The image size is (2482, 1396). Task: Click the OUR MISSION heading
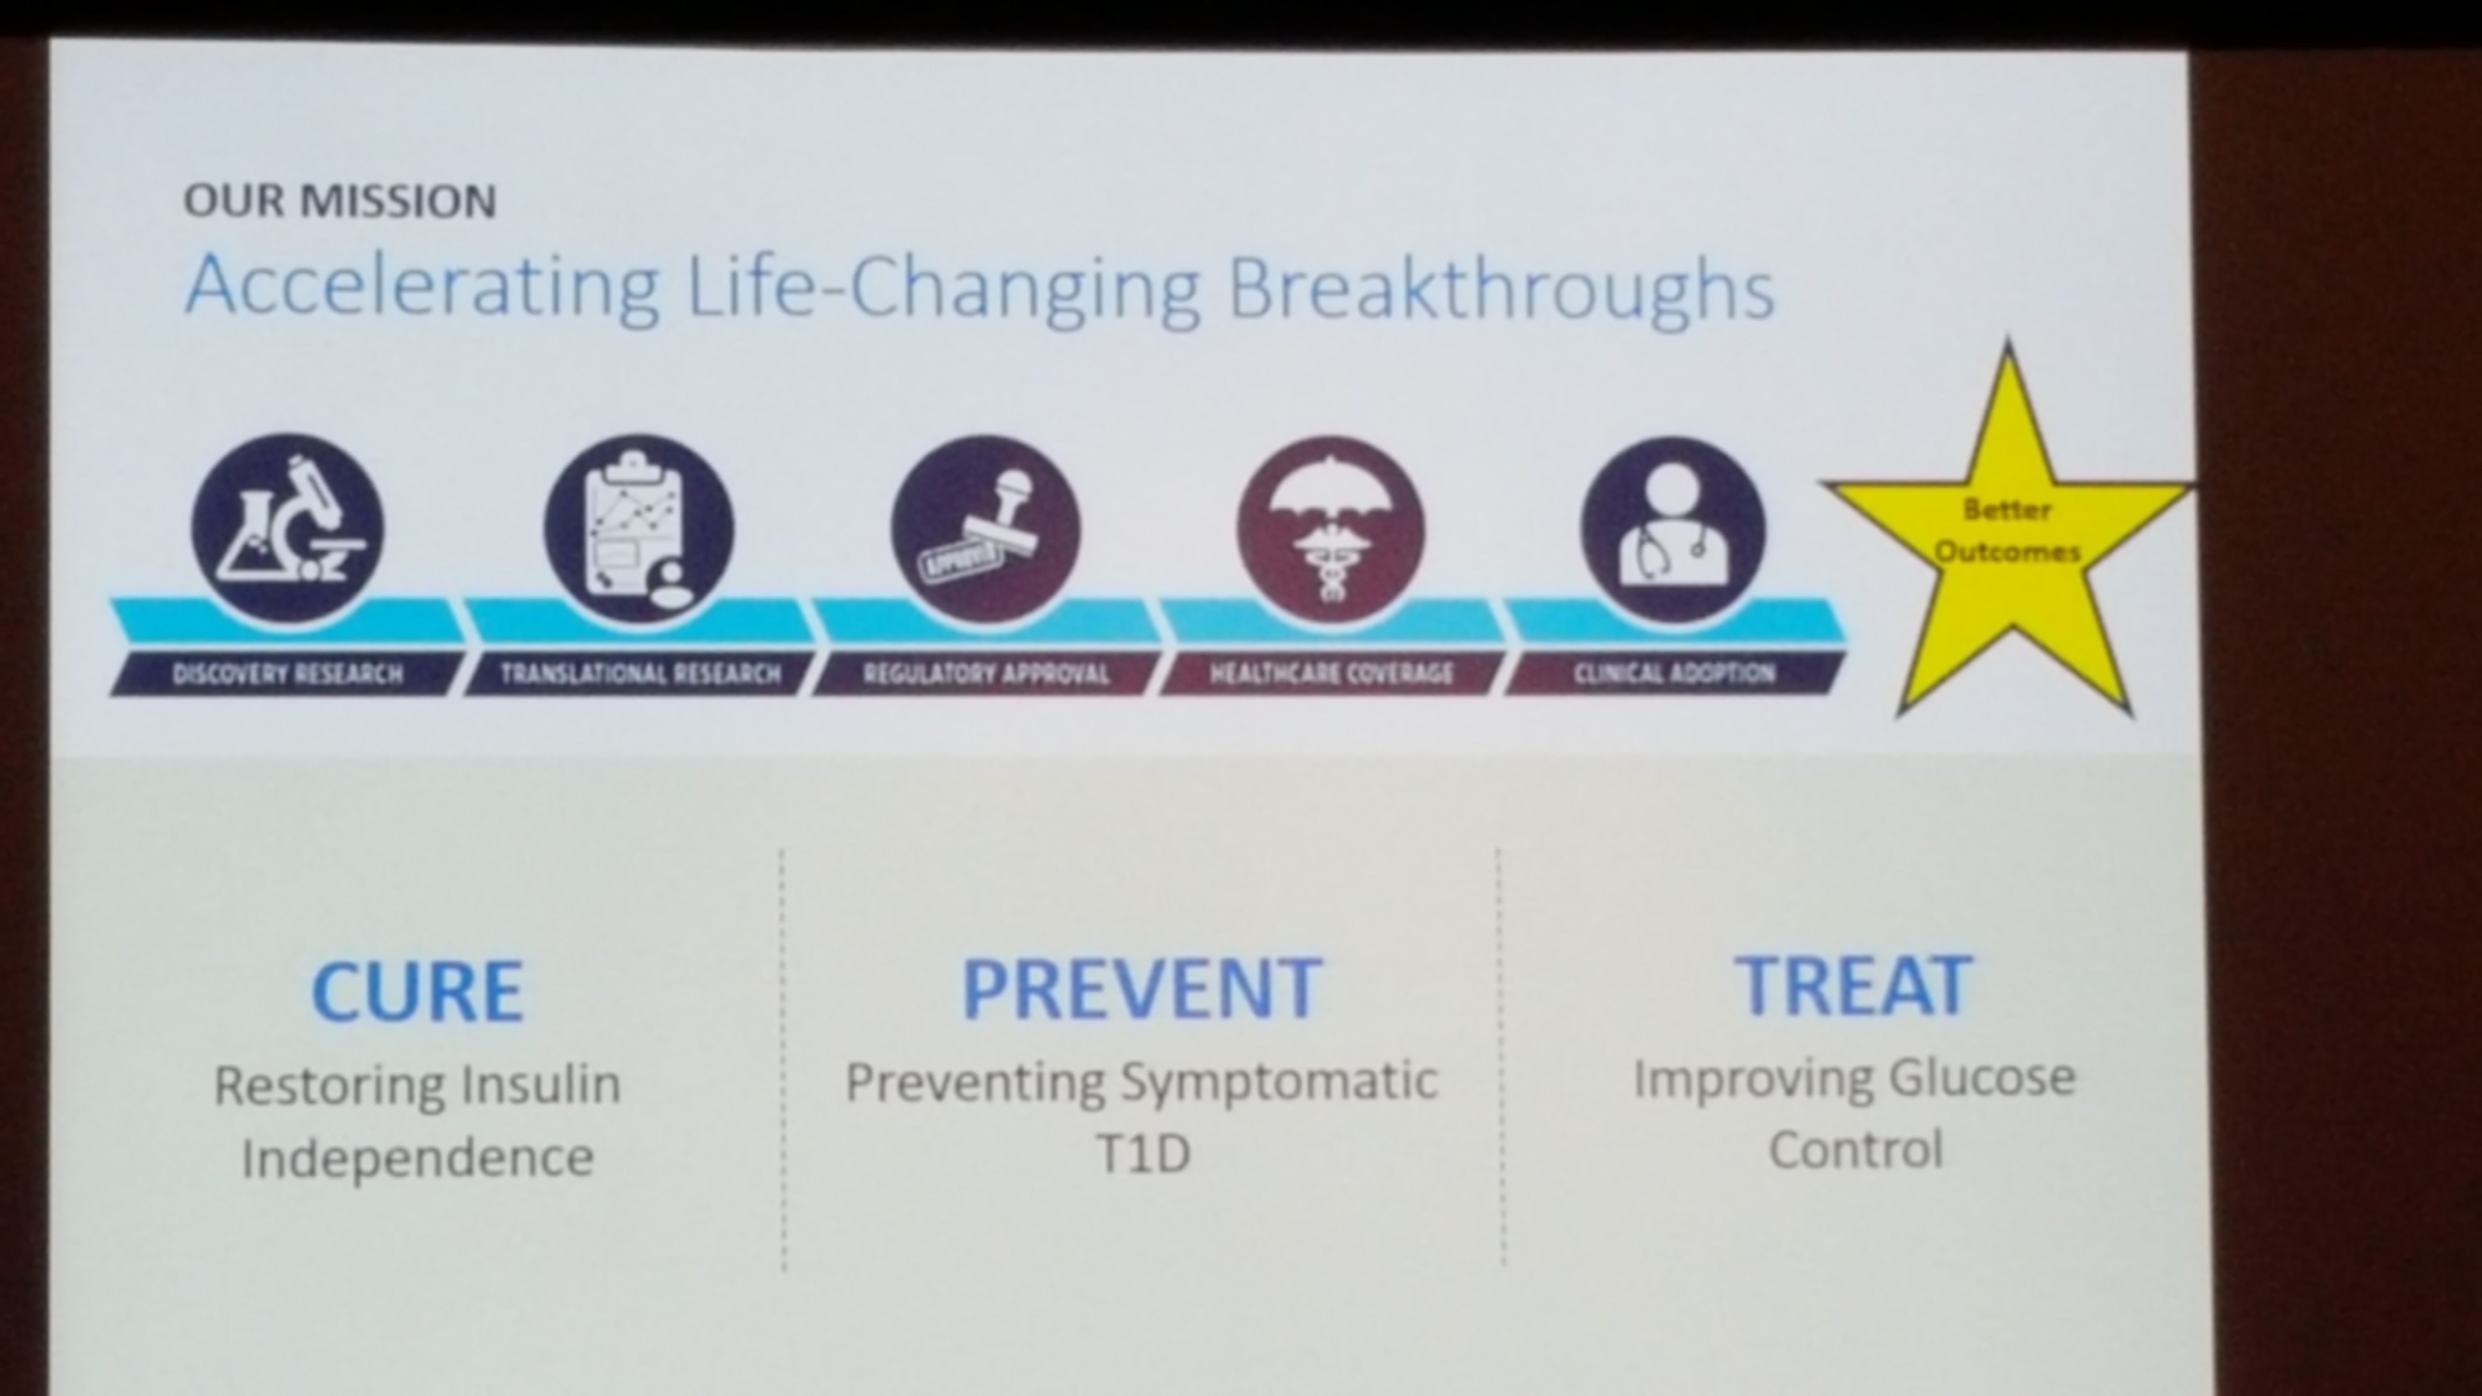tap(340, 200)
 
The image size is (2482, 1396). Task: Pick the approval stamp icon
tap(984, 530)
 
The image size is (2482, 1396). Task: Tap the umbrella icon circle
tap(1331, 530)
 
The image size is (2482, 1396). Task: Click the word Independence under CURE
tap(417, 1156)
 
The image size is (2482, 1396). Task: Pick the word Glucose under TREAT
tap(1982, 1078)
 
